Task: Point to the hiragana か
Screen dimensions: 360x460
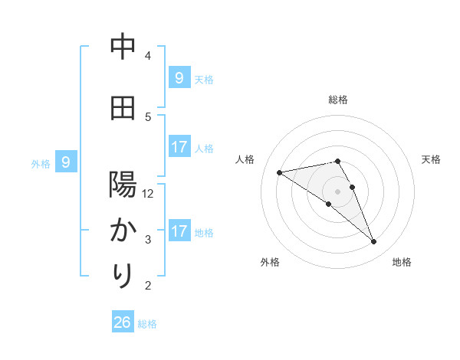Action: click(x=123, y=230)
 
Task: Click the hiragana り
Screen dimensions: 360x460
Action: click(x=123, y=275)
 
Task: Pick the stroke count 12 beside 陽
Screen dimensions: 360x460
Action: click(x=149, y=194)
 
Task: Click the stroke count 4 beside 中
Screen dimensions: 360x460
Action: click(x=149, y=56)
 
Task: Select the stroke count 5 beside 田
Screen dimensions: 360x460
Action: click(x=149, y=116)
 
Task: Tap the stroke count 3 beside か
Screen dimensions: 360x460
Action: click(x=149, y=240)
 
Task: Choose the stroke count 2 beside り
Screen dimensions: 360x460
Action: click(x=149, y=286)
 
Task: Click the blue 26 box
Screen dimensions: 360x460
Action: click(x=122, y=322)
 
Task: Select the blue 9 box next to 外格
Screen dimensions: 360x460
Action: click(x=66, y=162)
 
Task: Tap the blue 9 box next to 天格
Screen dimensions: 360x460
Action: click(x=179, y=77)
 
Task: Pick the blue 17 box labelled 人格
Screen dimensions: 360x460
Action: click(x=179, y=146)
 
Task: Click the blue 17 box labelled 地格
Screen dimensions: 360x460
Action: click(x=179, y=231)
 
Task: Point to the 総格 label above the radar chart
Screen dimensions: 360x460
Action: click(x=337, y=100)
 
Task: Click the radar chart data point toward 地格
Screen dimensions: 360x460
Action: click(x=374, y=242)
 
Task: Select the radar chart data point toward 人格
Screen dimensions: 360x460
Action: click(x=279, y=172)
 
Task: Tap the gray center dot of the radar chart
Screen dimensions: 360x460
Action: click(x=337, y=190)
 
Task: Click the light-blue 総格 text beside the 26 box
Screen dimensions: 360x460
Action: click(x=147, y=324)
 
